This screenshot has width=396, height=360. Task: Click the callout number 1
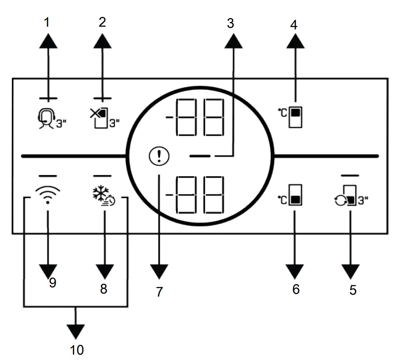[x=48, y=22]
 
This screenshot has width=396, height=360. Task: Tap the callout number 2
[x=102, y=22]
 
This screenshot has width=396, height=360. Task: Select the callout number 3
[x=231, y=24]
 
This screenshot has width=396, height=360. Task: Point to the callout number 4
[x=294, y=25]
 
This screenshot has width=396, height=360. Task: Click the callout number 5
[x=353, y=290]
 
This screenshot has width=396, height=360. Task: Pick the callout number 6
[x=296, y=289]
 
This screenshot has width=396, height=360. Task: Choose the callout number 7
[x=160, y=292]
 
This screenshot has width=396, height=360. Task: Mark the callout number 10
[x=77, y=350]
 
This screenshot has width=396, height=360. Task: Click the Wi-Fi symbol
[x=48, y=194]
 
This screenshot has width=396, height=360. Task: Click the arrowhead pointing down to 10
[x=76, y=331]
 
